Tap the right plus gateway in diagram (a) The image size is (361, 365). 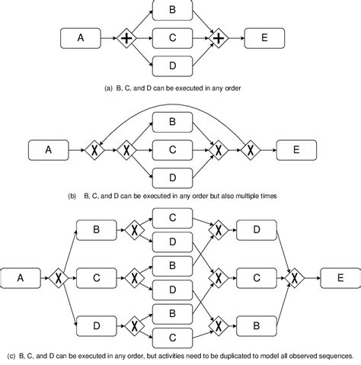click(219, 37)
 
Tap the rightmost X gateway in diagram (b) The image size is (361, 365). click(248, 150)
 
